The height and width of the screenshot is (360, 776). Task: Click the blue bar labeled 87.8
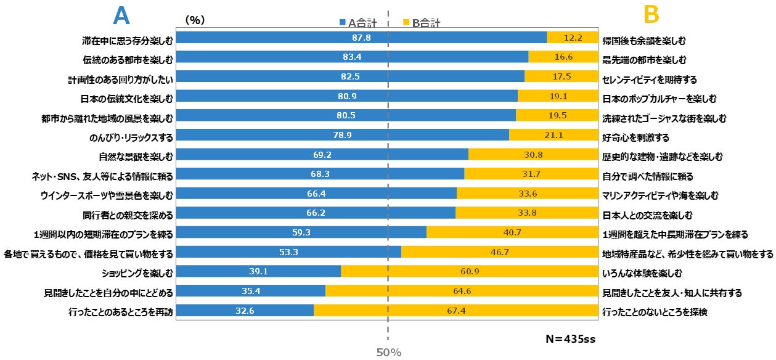361,38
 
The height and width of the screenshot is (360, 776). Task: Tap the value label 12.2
573,38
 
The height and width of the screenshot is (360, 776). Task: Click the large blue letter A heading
121,16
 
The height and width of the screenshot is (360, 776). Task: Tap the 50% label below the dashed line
388,353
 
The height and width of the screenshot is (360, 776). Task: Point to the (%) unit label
195,20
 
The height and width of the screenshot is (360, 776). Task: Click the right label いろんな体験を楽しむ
645,272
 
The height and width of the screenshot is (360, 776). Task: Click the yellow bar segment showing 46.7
499,253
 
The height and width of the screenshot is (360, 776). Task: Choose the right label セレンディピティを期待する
649,80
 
